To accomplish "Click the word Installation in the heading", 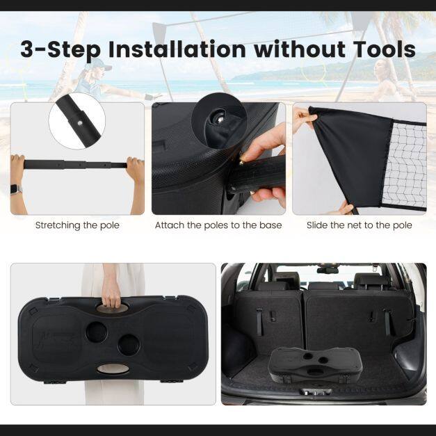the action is [177, 49].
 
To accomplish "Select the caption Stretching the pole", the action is [77, 225].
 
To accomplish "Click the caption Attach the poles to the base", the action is [218, 225].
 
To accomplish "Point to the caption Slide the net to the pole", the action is [360, 225].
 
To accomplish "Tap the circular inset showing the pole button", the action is [77, 121].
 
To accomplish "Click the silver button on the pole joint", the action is [80, 122].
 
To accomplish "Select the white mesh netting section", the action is [405, 165].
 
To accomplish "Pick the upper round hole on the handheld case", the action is [96, 332].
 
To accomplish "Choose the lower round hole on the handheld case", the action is [129, 345].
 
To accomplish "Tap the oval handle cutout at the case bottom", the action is [113, 369].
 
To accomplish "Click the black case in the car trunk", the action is [315, 365].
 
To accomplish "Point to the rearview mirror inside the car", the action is [328, 270].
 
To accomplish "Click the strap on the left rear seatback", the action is [259, 321].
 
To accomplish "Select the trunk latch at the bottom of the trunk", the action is [315, 391].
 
